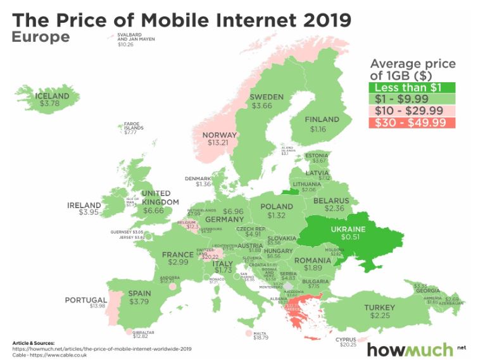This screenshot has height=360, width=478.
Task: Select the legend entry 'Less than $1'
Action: [x=406, y=87]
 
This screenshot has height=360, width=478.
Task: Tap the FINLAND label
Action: [x=322, y=120]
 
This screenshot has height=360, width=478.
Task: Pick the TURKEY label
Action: [x=379, y=308]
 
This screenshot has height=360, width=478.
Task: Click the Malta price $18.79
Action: [x=261, y=338]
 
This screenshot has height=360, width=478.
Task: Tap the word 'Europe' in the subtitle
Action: [x=41, y=37]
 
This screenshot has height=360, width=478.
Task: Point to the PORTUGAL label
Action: [x=85, y=300]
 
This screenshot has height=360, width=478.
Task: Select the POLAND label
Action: [x=277, y=207]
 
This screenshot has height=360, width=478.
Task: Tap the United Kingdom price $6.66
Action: [x=154, y=210]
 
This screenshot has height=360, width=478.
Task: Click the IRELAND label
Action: [x=84, y=205]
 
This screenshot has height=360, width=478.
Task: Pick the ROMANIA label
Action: [x=312, y=260]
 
